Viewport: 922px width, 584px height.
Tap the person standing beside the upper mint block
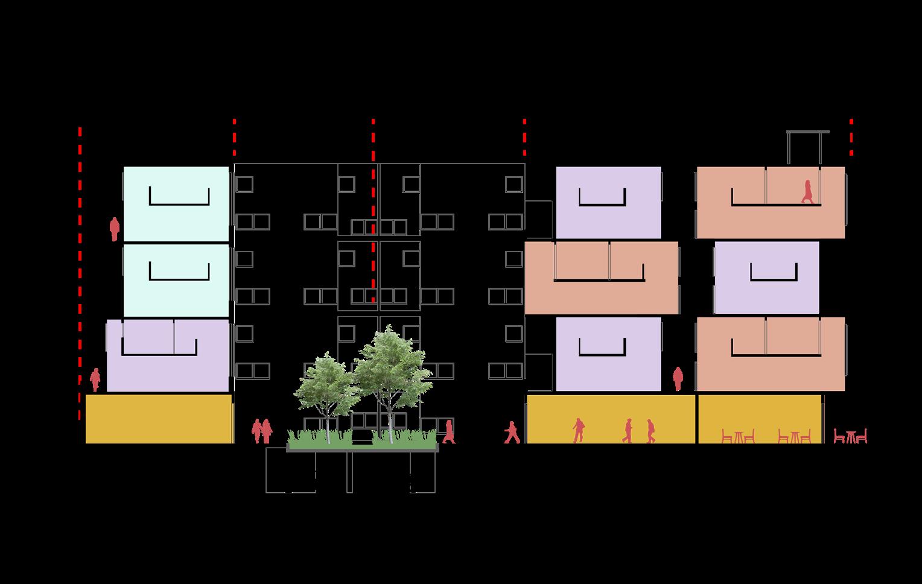click(114, 229)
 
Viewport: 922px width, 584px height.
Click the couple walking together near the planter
click(262, 431)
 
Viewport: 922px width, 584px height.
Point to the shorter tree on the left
click(326, 389)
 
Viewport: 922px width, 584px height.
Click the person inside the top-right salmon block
click(807, 191)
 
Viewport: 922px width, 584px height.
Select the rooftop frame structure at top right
click(805, 147)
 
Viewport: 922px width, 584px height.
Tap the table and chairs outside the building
click(851, 436)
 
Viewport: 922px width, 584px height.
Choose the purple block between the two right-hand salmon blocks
click(766, 278)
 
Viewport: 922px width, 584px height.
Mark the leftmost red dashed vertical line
click(80, 271)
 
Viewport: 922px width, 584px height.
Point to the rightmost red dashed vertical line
click(851, 138)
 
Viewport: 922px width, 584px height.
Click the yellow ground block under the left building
click(159, 419)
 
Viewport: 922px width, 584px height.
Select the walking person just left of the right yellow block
click(512, 432)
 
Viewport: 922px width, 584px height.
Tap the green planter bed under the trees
click(362, 445)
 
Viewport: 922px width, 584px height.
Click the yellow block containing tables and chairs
click(760, 419)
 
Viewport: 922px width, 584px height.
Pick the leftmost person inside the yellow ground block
click(578, 430)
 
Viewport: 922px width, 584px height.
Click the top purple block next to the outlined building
click(608, 203)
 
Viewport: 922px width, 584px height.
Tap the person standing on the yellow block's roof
click(678, 379)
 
